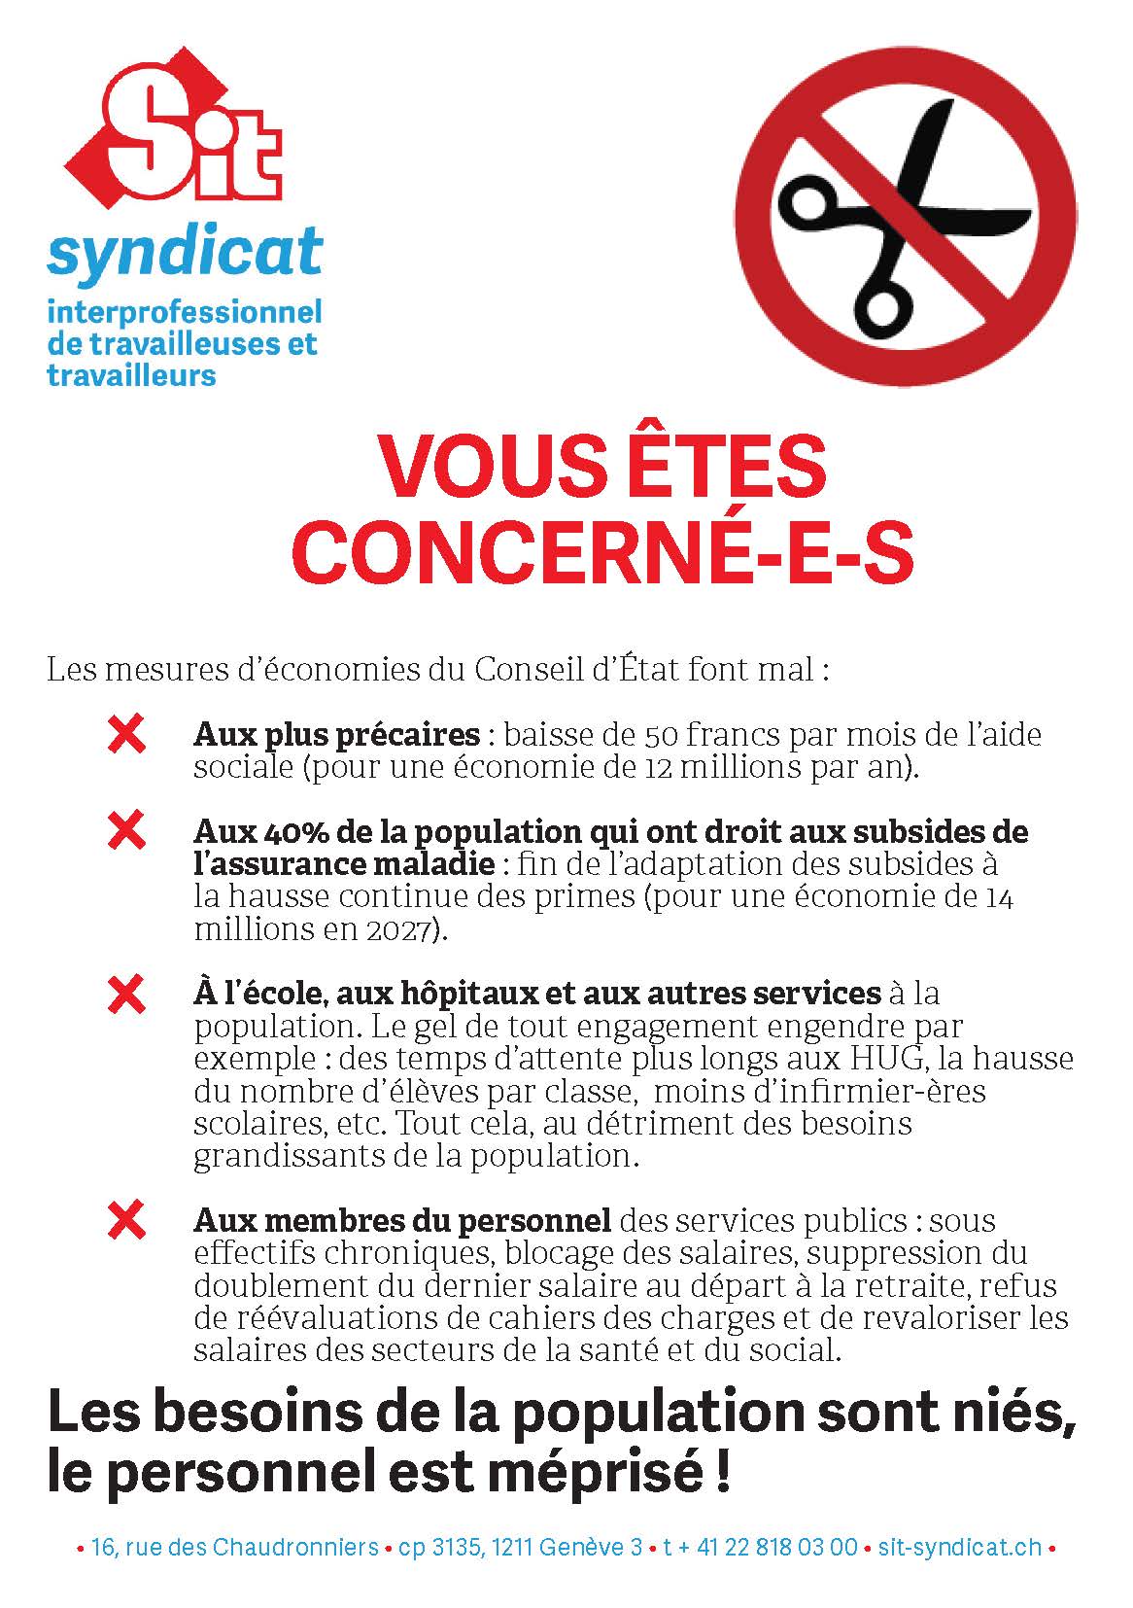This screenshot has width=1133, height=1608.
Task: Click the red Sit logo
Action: coord(171,136)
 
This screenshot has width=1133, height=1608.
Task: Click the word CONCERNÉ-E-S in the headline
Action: coord(603,550)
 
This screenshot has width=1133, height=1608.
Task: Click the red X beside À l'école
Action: coord(126,994)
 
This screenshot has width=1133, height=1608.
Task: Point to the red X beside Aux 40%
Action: coord(126,831)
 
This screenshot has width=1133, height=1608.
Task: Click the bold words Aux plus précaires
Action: coord(336,735)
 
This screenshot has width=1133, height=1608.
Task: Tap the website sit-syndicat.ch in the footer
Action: coord(958,1547)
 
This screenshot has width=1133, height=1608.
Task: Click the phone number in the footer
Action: coord(761,1547)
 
